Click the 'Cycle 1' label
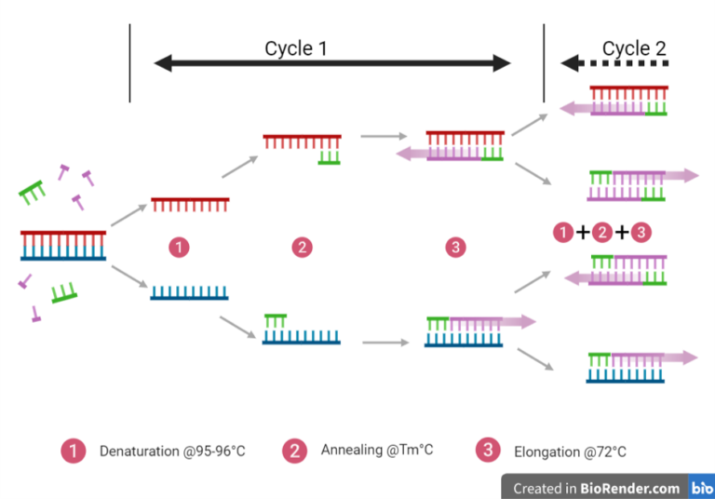tap(296, 47)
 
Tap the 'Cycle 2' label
tap(634, 47)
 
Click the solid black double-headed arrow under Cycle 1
tap(332, 63)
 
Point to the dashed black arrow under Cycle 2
tap(615, 63)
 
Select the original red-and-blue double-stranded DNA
tap(63, 245)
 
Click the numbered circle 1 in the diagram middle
tap(180, 247)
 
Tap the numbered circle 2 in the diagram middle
tap(301, 247)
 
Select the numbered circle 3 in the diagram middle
tap(454, 247)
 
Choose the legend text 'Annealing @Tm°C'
tap(377, 451)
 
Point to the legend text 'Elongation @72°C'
tap(570, 452)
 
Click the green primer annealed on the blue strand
tap(276, 322)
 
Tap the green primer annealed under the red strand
tap(329, 156)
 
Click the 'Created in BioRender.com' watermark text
tap(596, 487)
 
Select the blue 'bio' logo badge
tap(701, 487)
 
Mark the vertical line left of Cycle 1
tap(129, 62)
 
